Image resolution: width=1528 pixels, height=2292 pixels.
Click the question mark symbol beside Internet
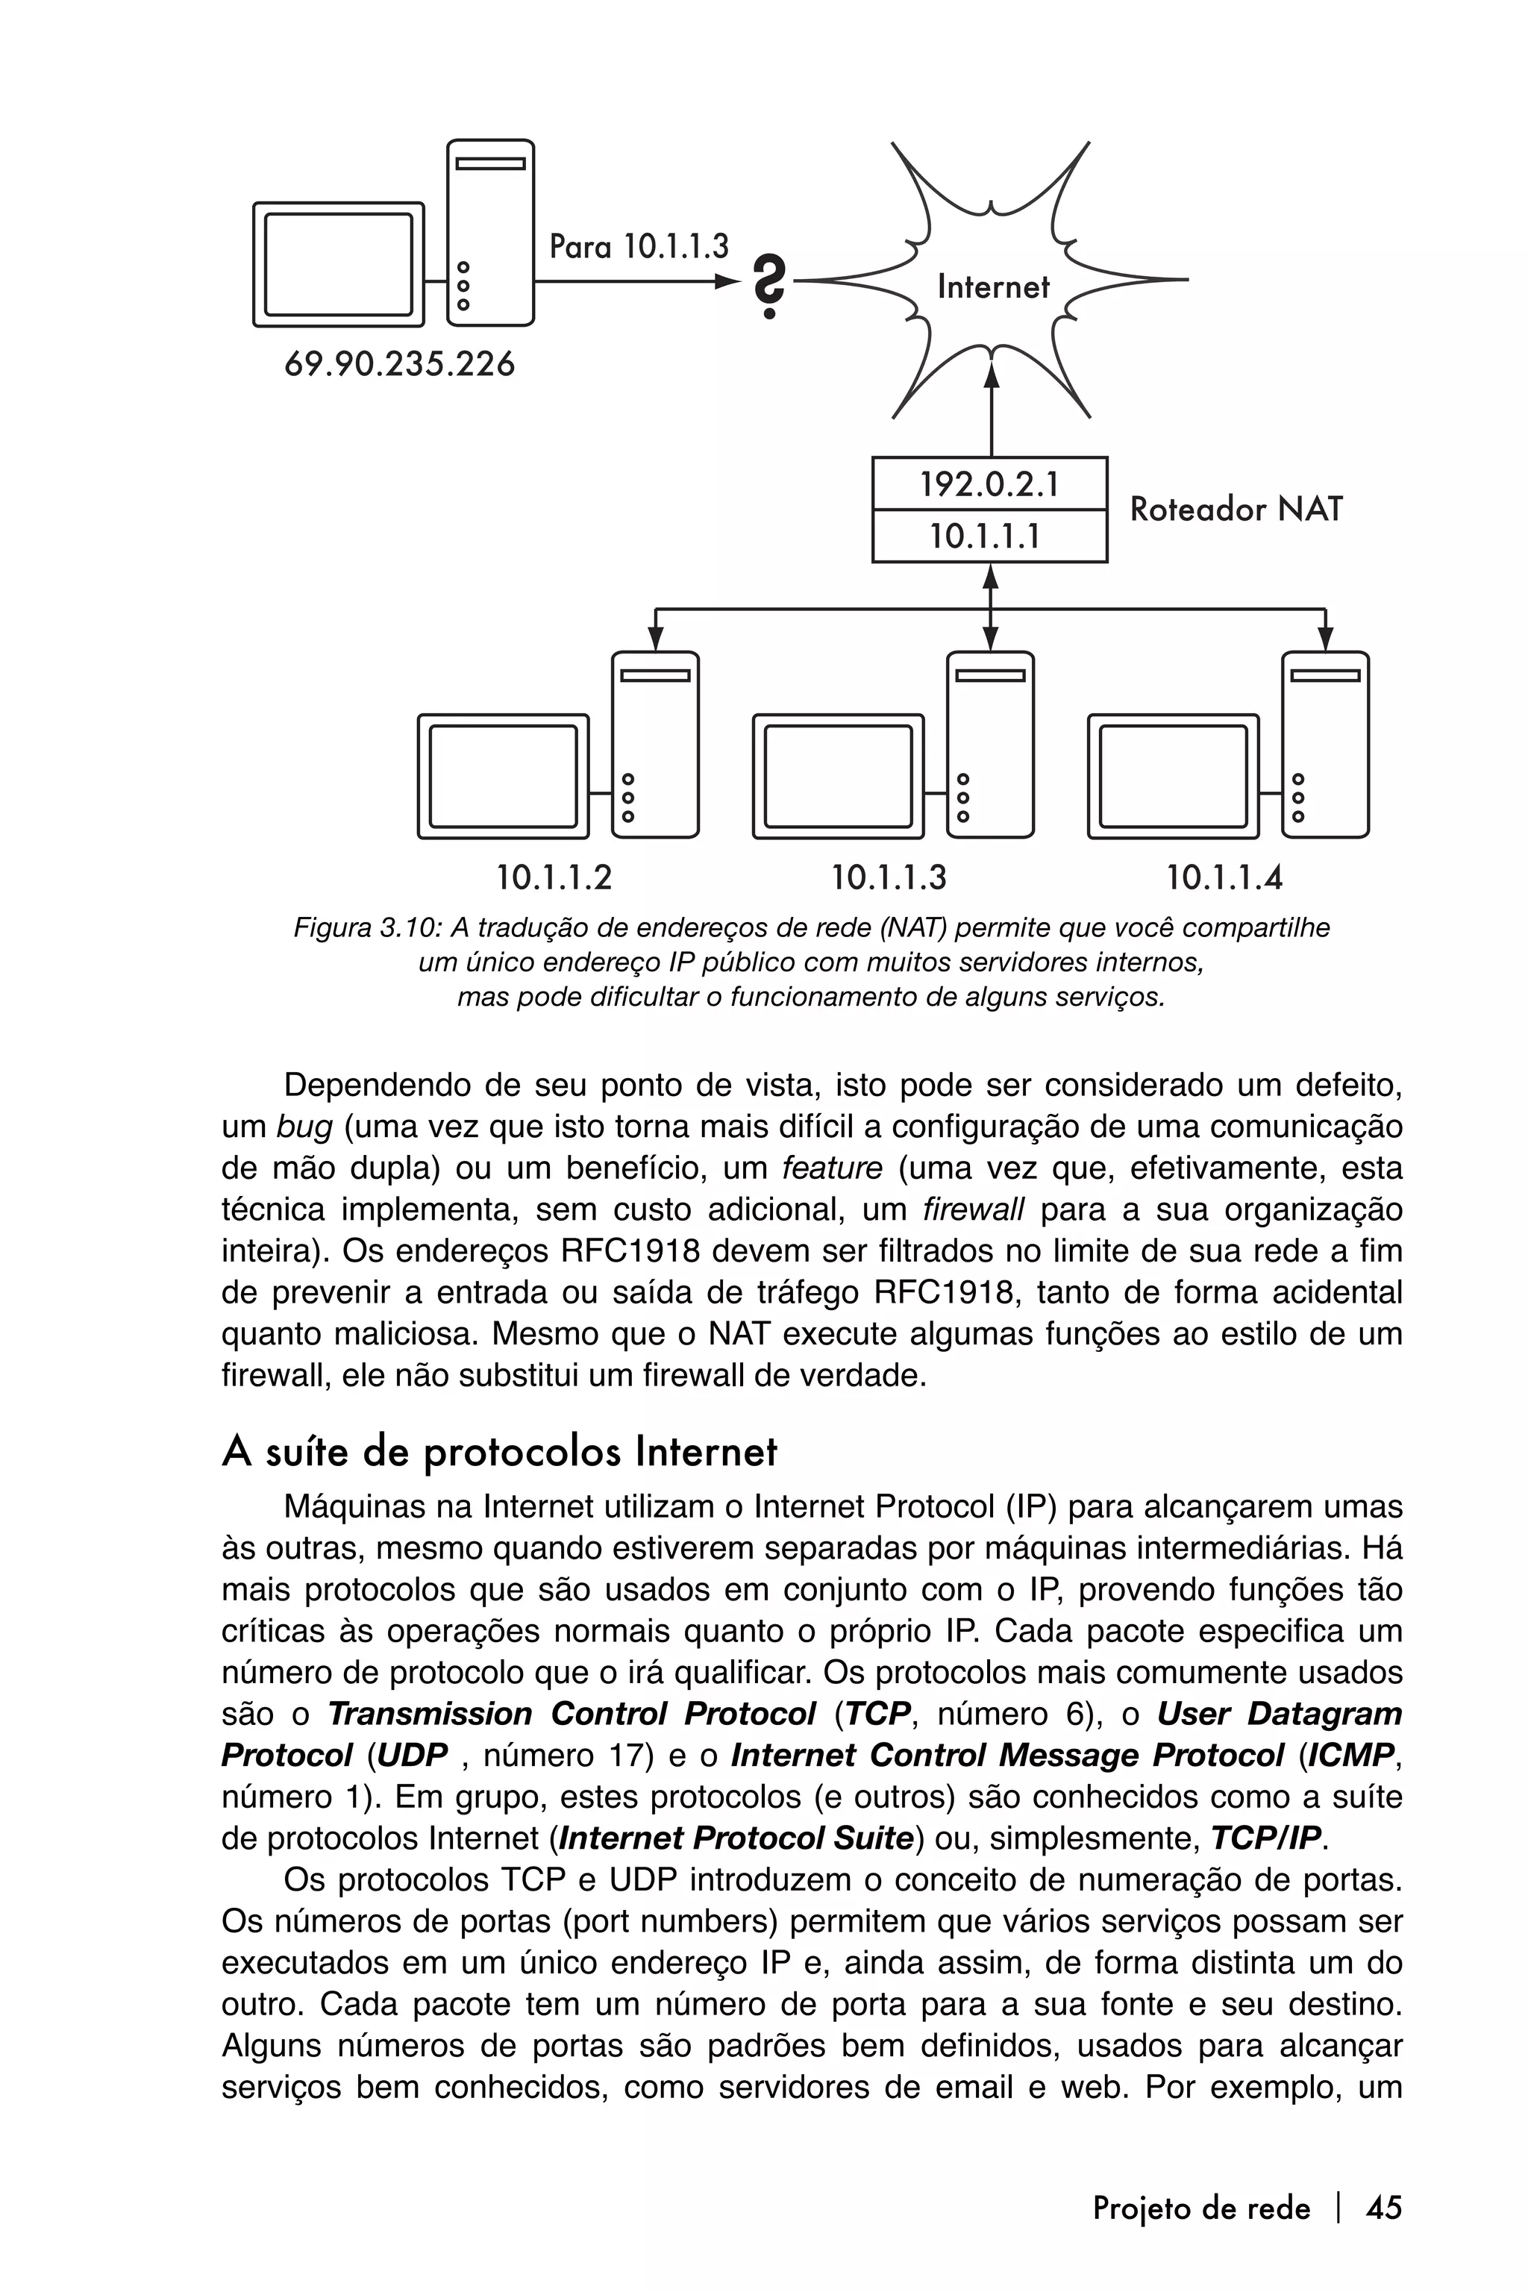point(770,286)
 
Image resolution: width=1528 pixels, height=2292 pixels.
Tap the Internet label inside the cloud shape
point(992,286)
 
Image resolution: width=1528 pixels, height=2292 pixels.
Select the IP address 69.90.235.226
point(400,364)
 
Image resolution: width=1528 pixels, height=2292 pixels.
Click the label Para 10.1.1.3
point(639,245)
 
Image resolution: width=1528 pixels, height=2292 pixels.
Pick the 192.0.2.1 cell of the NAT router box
point(989,484)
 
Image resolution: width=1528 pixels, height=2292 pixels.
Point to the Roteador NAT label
point(1236,509)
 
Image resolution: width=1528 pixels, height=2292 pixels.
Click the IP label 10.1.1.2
point(554,878)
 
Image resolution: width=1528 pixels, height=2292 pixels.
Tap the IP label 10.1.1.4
point(1224,878)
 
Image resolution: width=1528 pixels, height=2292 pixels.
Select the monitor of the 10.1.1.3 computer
point(838,776)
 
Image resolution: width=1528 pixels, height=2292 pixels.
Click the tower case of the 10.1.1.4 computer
point(1324,745)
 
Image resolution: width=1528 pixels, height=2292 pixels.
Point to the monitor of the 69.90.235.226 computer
point(338,264)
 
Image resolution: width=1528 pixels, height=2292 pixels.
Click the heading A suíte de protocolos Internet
point(499,1453)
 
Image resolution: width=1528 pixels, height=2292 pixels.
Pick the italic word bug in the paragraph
point(304,1127)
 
